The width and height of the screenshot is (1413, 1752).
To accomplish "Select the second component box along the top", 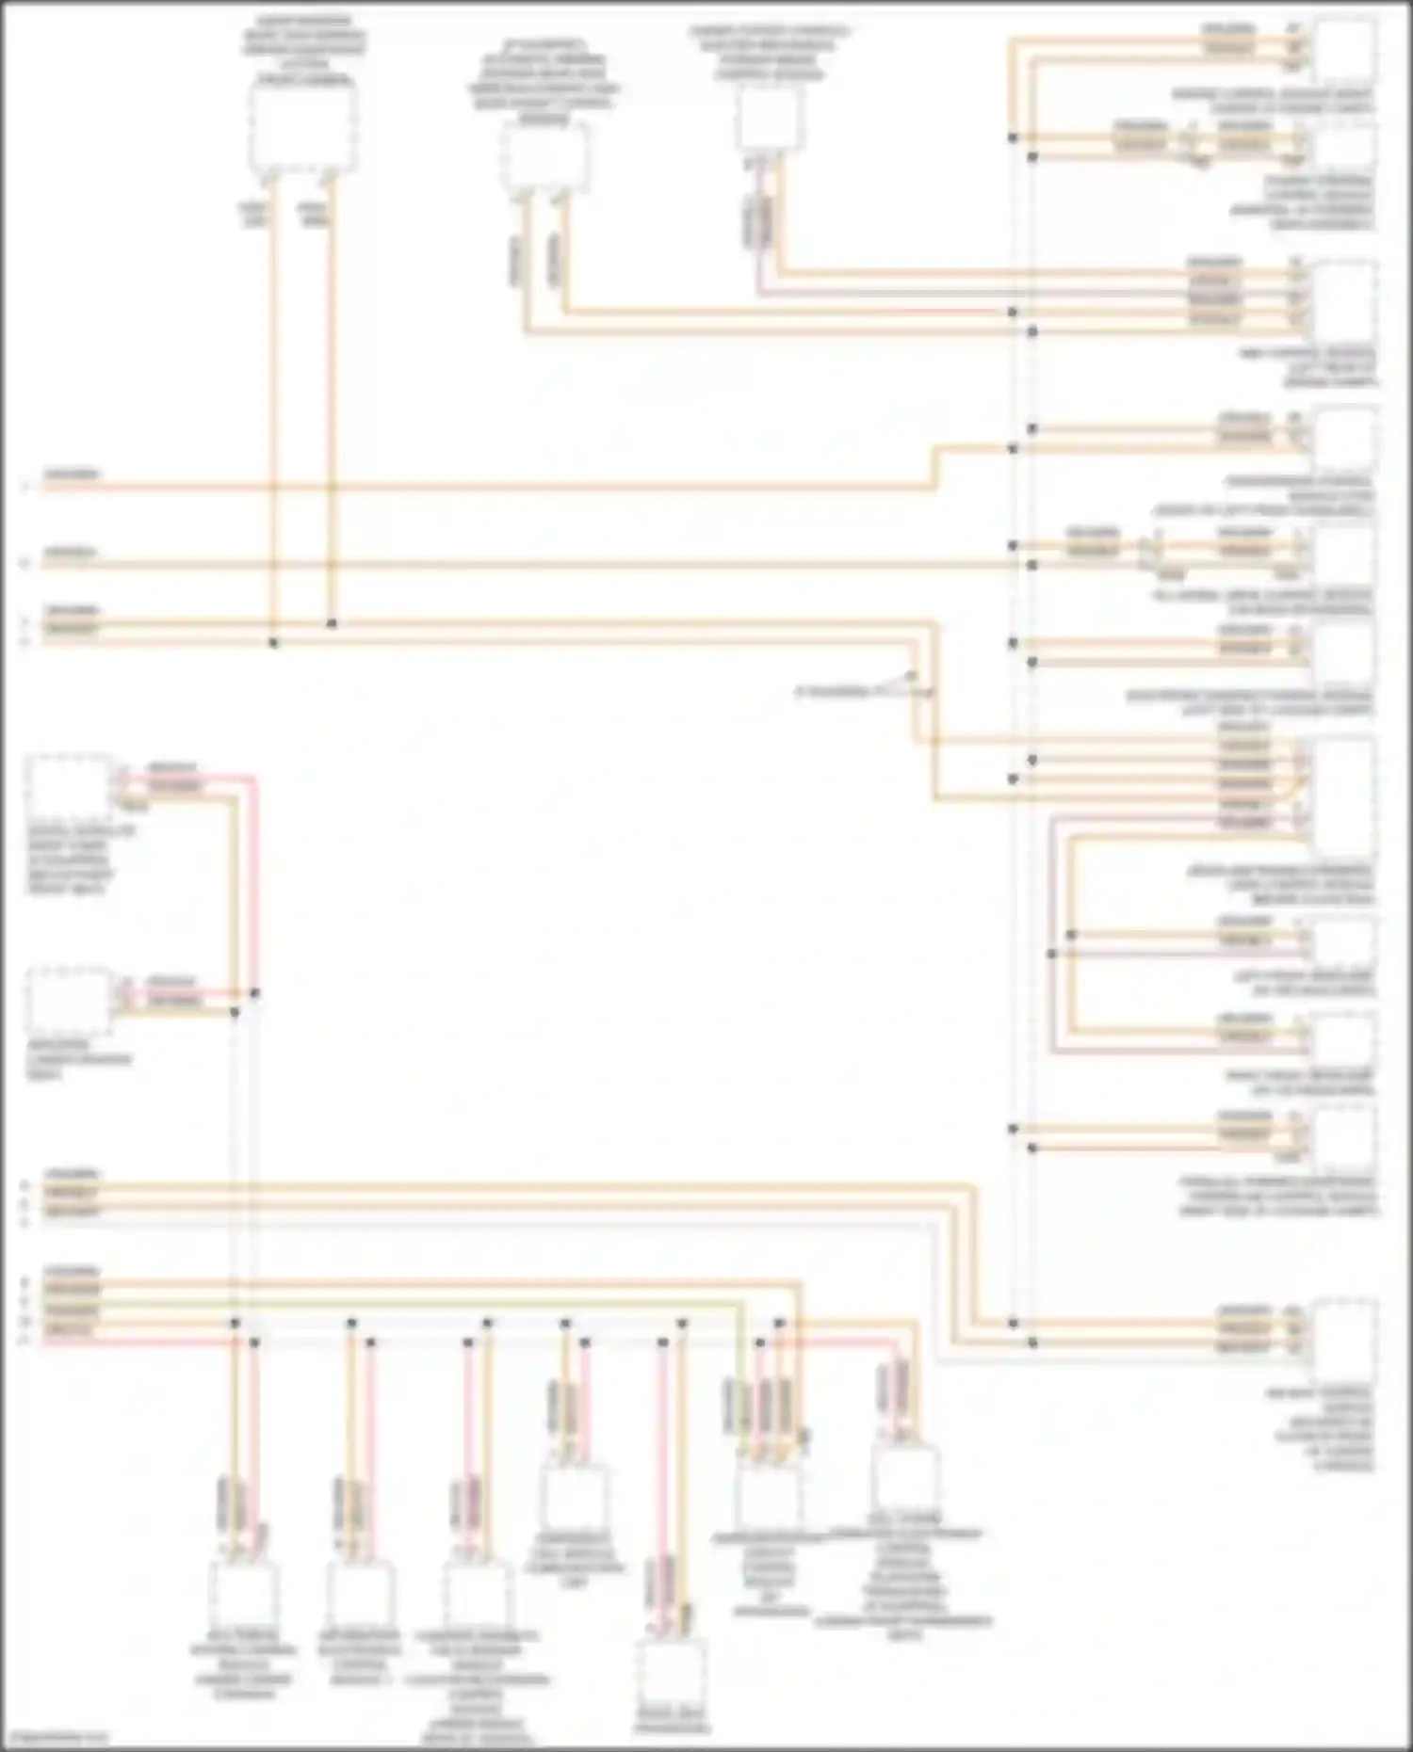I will (x=545, y=155).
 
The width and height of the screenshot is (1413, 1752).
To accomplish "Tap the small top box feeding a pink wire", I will (x=771, y=119).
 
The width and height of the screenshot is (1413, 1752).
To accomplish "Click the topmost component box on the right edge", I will (x=1344, y=52).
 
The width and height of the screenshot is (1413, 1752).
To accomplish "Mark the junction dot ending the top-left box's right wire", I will (x=332, y=623).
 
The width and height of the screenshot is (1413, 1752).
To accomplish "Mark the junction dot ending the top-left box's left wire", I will (x=274, y=643).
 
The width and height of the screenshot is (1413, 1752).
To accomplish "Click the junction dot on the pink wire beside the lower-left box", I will (x=254, y=993).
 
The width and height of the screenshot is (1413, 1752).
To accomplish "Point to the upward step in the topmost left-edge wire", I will (x=934, y=468).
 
